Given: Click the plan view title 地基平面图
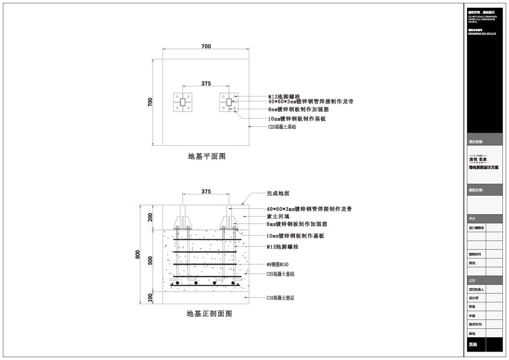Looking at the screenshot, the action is coord(206,157).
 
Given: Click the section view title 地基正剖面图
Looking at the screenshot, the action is coord(209,314).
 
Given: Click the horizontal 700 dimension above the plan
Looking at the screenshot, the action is coord(206,46).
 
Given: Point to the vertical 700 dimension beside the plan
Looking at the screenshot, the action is coord(150,103).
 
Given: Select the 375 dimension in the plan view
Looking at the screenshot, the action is coord(206,83).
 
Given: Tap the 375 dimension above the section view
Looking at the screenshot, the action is coord(206,191).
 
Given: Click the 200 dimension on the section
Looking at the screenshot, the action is coord(150,217).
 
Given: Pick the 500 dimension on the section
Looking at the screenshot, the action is coord(150,260).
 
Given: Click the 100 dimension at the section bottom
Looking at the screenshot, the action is coord(150,296).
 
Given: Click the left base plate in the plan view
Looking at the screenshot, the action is coord(183,103).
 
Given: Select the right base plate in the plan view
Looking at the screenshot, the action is coord(228,103).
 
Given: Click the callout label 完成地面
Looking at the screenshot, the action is coord(278,194).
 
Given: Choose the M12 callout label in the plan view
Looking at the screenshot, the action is coord(282,96).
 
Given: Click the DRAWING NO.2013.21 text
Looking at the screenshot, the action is coord(483,34).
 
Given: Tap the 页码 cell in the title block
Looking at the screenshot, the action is coord(473,345).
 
